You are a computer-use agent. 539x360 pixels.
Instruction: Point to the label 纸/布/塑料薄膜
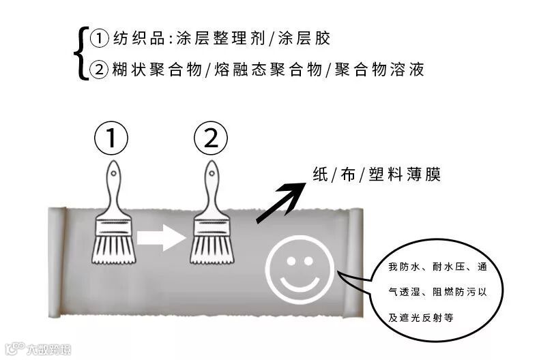click(x=376, y=174)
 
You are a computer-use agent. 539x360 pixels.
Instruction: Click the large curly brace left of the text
click(x=84, y=54)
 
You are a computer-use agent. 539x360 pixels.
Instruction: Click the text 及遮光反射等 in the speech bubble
click(x=421, y=317)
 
